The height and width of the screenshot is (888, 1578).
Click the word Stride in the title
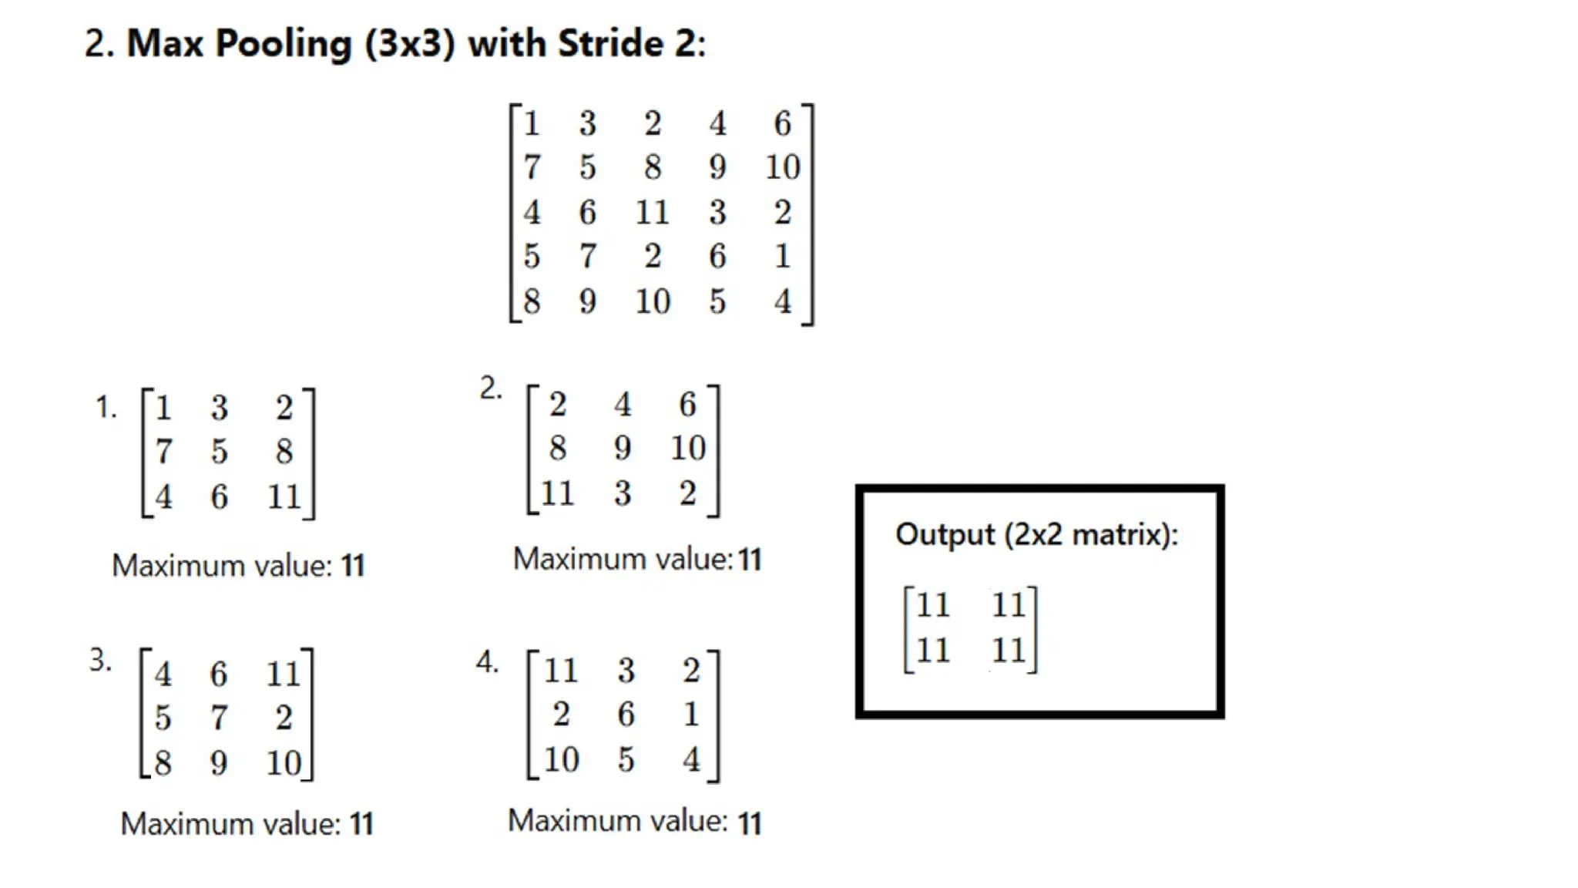(609, 43)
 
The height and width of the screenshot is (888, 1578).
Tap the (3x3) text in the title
(410, 44)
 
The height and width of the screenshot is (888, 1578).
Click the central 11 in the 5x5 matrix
(652, 212)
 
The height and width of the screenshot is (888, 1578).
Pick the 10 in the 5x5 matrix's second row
(782, 167)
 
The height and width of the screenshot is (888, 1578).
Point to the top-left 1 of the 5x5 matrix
(532, 123)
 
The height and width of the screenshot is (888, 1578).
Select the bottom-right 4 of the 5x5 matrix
(782, 301)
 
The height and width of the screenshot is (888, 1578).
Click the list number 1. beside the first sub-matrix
(106, 407)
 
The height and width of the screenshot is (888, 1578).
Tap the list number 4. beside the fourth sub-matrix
(487, 661)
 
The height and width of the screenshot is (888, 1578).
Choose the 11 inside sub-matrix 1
(284, 496)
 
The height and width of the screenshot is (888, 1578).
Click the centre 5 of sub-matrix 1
(220, 452)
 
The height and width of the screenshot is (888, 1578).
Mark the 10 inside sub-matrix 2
(687, 448)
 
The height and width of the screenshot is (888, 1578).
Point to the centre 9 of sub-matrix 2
(623, 448)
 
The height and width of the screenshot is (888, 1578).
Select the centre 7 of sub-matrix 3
(219, 718)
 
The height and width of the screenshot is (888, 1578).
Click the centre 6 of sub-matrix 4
(626, 715)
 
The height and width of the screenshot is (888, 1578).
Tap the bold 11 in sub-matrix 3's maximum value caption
(361, 824)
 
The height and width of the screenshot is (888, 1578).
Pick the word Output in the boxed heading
(945, 534)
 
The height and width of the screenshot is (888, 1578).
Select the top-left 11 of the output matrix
(933, 605)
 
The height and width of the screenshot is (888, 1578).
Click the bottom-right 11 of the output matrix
(1009, 651)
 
